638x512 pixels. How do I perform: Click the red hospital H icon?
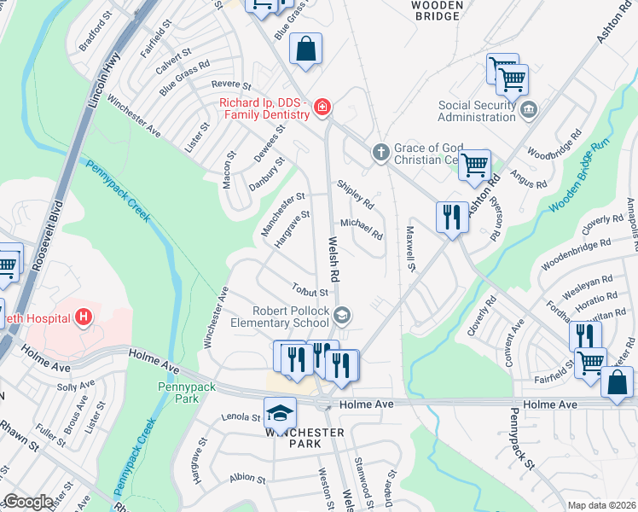click(83, 318)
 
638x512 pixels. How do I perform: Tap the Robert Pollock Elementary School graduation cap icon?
click(341, 317)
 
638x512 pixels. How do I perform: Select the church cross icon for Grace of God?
click(380, 153)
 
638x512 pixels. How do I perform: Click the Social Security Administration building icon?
click(528, 109)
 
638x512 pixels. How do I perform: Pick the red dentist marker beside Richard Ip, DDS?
click(322, 108)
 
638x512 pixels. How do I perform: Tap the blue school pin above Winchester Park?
click(278, 413)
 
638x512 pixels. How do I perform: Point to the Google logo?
click(28, 502)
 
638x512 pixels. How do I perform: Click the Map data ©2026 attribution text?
click(600, 505)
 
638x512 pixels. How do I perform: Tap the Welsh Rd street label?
click(335, 261)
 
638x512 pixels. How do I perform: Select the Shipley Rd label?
click(355, 195)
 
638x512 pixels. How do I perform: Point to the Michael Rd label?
click(361, 228)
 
